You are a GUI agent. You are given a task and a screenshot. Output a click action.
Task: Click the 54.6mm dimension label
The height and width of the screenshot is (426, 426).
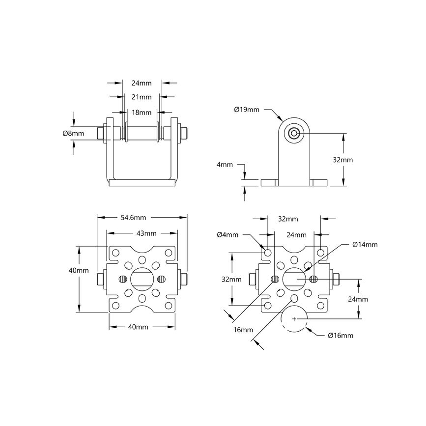pos(133,217)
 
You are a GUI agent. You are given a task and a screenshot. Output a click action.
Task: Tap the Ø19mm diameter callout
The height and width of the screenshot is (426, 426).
pos(246,109)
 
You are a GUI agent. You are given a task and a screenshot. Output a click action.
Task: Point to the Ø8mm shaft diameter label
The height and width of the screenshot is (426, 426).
pos(73,133)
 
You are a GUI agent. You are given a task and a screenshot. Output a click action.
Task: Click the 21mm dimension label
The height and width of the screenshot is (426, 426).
pos(142,97)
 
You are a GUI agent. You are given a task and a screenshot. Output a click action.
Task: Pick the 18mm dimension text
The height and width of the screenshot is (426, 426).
pos(142,112)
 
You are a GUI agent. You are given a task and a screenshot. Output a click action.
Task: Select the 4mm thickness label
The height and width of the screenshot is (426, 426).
pos(225,165)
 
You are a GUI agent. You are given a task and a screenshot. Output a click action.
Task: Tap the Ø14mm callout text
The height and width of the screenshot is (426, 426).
pos(365,244)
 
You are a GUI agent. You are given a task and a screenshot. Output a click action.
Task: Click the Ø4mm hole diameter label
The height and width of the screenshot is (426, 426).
pos(227,235)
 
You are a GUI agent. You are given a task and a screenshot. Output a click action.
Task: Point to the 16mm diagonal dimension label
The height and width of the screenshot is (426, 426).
pos(241,330)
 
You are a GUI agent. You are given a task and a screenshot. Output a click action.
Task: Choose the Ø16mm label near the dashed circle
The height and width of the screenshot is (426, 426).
pos(341,336)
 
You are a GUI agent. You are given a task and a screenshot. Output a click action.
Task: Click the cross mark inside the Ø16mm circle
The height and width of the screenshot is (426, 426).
pos(294,318)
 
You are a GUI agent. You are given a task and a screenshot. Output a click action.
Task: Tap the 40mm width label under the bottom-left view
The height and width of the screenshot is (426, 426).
pos(138,327)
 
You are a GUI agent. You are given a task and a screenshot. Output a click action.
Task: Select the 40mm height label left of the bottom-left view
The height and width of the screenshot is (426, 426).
pos(79,270)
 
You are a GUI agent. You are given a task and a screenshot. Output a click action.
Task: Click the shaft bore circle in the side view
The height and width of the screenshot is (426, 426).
pos(294,133)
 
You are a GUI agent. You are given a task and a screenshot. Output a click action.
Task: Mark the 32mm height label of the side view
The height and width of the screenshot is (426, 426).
pos(343,160)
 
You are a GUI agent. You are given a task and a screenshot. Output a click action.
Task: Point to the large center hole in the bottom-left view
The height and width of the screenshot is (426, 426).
pos(142,279)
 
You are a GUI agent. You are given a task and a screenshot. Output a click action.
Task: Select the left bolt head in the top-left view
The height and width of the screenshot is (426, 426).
pos(101,133)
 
